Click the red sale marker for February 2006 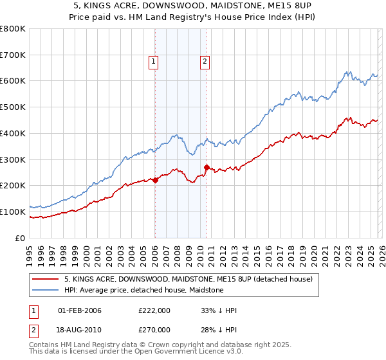[155, 180]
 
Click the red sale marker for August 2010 [207, 167]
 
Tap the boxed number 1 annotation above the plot [154, 62]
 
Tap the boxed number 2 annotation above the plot [205, 62]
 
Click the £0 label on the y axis [21, 238]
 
